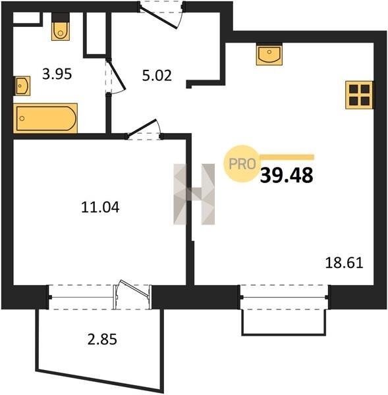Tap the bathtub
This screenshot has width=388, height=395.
[45, 118]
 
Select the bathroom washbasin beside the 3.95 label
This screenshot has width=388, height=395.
[22, 86]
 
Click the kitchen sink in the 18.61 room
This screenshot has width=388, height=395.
[269, 54]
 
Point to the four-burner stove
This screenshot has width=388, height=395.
[359, 95]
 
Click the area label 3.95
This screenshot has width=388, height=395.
[57, 74]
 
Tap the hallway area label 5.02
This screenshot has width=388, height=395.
[157, 76]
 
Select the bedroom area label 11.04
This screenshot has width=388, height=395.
[100, 207]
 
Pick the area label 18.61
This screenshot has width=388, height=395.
[344, 263]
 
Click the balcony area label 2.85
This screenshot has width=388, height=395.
[102, 339]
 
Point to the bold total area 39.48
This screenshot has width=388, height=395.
[287, 175]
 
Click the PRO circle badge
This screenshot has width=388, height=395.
[242, 163]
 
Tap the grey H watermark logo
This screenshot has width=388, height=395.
[194, 194]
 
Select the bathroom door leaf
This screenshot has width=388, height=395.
[116, 74]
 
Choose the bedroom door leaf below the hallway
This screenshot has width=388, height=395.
[142, 128]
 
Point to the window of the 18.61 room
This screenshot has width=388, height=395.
[284, 298]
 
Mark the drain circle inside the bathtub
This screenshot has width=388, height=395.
[22, 118]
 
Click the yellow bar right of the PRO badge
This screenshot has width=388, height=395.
[287, 157]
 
